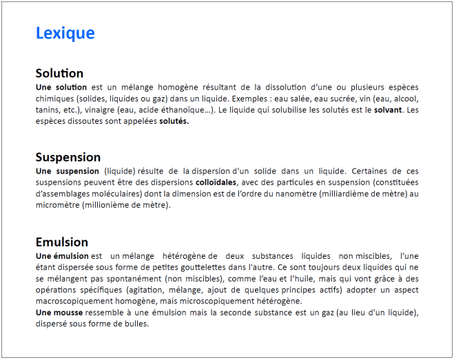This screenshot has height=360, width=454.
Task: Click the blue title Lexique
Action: [65, 33]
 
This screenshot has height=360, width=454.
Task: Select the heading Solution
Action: [59, 74]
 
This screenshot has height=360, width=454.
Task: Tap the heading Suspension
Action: [68, 157]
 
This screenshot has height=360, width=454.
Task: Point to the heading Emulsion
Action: [62, 242]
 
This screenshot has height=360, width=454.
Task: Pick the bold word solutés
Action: [174, 121]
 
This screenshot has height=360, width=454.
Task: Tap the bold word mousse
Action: [70, 313]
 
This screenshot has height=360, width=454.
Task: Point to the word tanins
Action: [48, 109]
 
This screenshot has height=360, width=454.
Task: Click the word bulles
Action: [135, 324]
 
